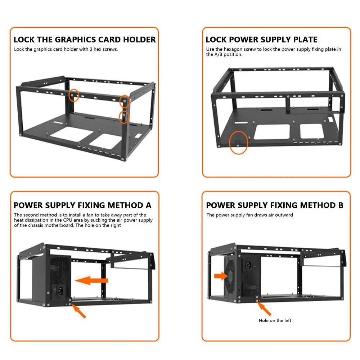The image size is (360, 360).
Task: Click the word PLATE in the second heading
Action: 305,40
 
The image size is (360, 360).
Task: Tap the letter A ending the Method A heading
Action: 148,206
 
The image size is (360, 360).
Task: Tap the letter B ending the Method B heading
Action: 341,206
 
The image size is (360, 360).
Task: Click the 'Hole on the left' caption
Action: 275,320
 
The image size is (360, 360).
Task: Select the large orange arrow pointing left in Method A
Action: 91,280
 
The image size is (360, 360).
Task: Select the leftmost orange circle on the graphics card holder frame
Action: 74,95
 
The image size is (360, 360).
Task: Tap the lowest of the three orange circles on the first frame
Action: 124,116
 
